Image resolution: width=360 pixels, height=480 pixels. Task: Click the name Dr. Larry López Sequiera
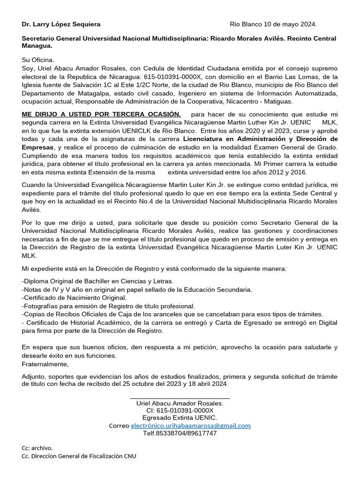click(61, 24)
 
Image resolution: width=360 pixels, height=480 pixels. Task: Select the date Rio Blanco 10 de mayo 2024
click(273, 24)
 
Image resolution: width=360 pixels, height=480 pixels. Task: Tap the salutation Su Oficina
click(38, 60)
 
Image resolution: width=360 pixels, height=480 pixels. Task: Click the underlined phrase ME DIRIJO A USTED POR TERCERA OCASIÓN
click(101, 114)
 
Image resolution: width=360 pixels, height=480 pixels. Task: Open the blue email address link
click(190, 426)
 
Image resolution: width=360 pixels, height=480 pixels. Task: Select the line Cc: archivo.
click(37, 448)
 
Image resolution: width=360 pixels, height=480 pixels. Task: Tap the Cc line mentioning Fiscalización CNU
click(79, 456)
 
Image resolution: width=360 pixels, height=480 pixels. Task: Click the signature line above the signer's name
click(180, 397)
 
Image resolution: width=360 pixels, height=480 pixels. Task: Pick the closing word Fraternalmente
click(45, 364)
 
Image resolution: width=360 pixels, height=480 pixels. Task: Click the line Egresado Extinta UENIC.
click(180, 418)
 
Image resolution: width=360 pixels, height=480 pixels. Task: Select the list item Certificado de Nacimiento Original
click(74, 298)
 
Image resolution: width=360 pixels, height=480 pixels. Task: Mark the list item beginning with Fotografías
click(108, 306)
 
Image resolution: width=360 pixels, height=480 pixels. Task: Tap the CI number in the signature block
click(180, 410)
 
